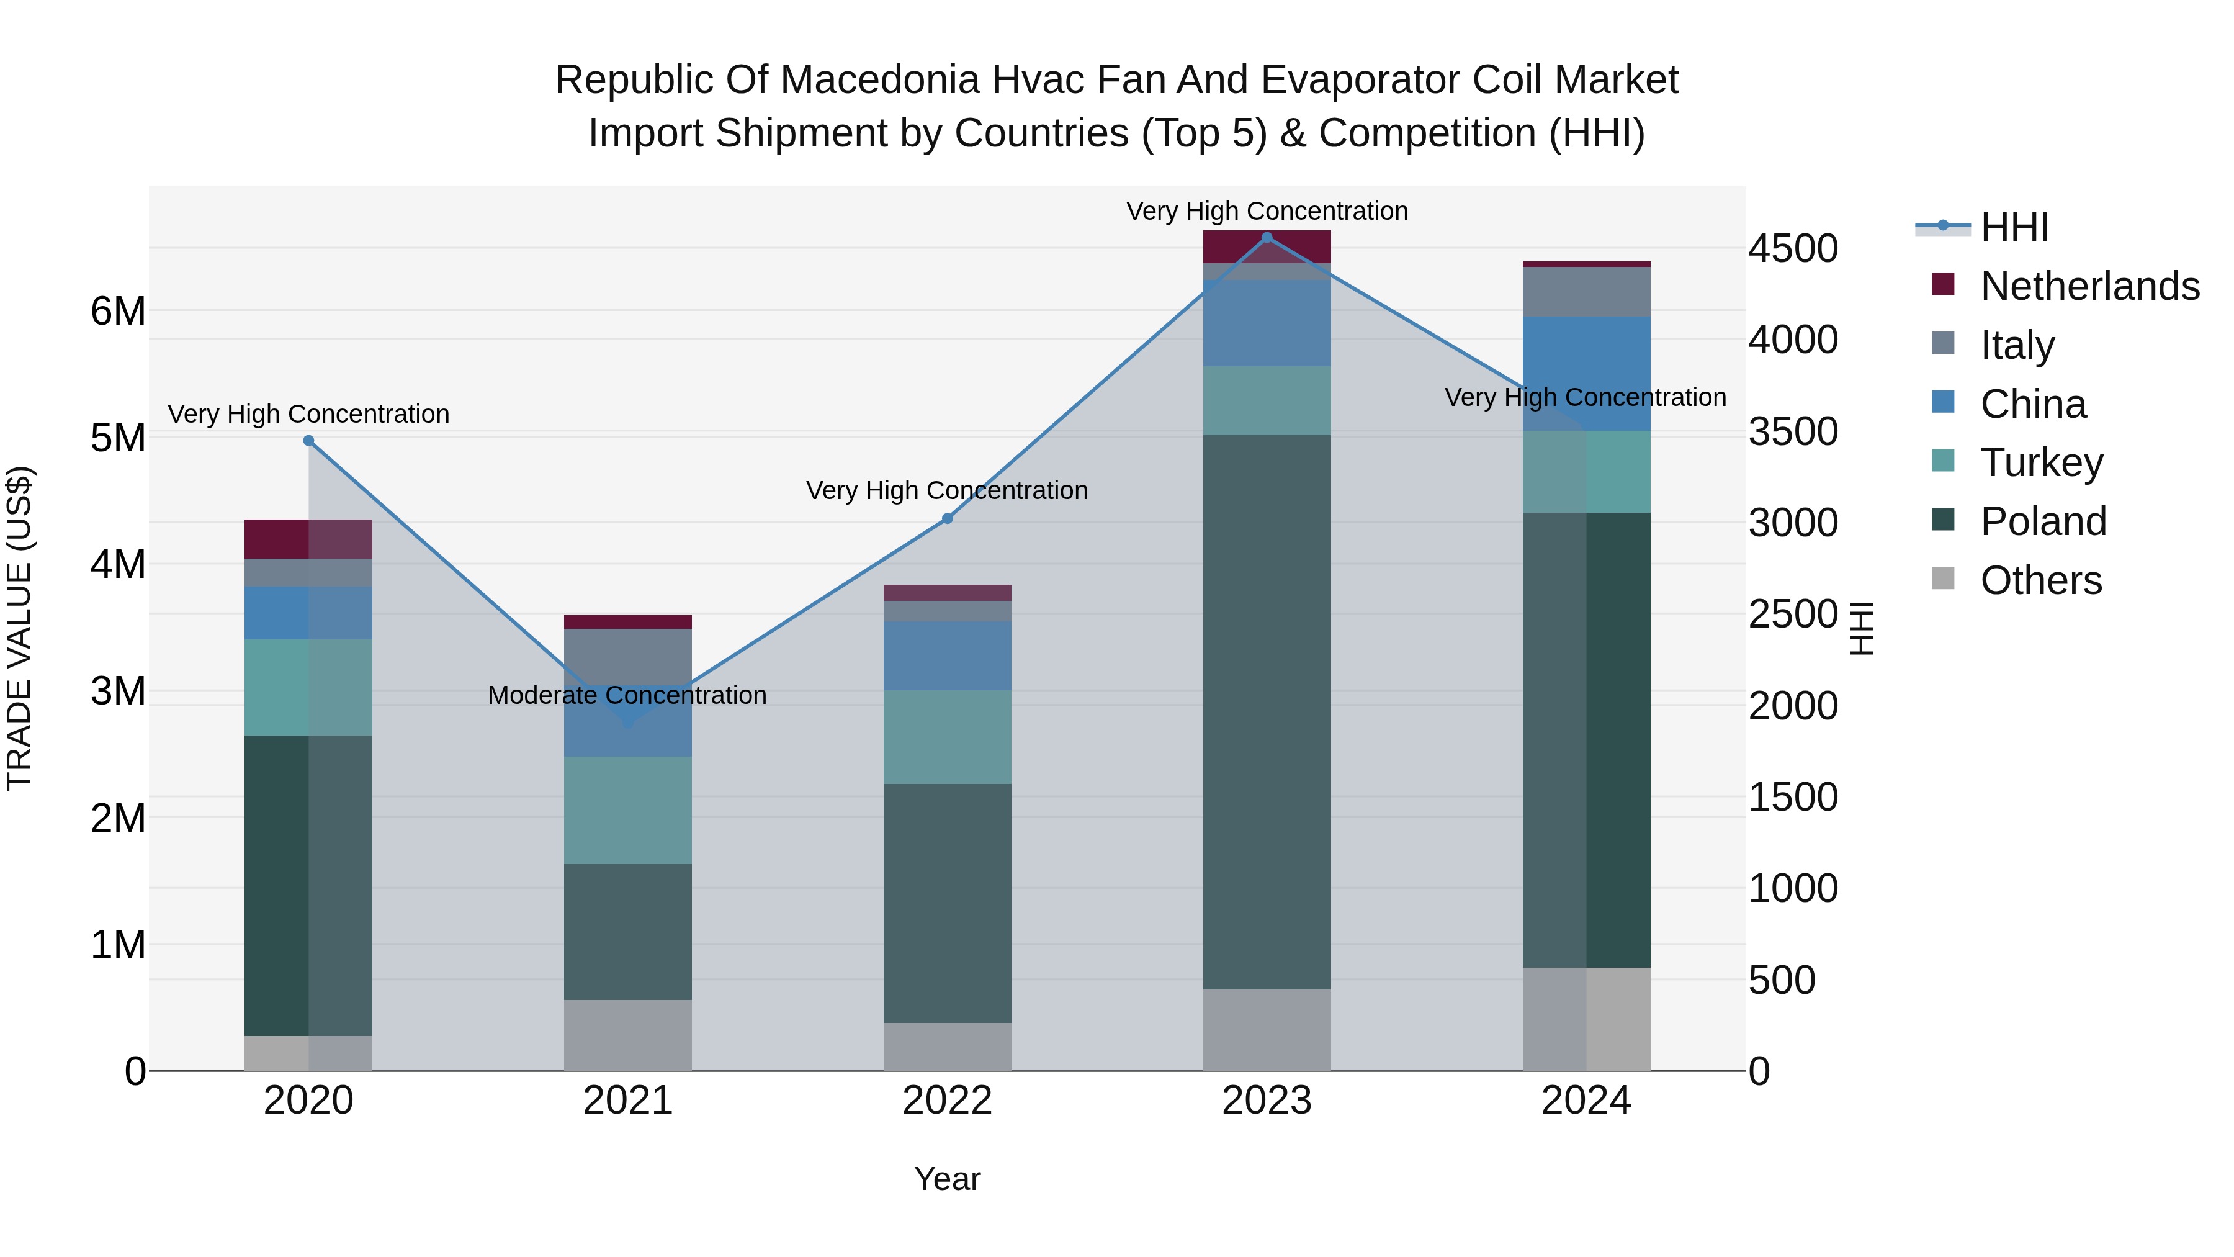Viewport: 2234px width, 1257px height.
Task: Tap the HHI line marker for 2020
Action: [309, 441]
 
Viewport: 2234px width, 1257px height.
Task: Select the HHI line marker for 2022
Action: [947, 519]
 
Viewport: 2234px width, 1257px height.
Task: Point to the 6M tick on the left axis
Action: [118, 310]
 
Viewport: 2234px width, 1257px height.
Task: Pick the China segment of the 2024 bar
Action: [1586, 373]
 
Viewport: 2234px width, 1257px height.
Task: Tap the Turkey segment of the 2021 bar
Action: [628, 810]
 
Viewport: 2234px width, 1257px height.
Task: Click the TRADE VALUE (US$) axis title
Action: [19, 628]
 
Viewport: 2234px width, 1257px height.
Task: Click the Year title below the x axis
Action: [947, 1180]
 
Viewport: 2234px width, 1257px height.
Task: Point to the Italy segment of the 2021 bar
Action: [628, 657]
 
